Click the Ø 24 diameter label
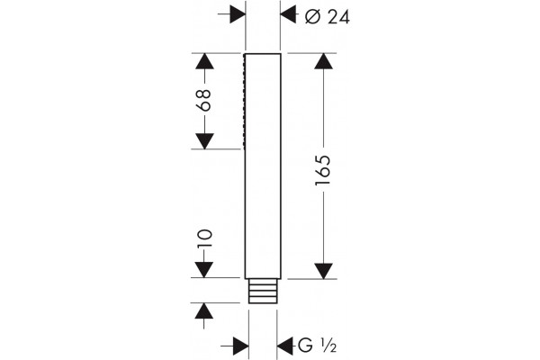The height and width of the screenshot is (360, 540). tap(328, 17)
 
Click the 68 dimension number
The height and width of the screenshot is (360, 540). tap(204, 100)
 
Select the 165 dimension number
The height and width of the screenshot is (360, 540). tap(323, 170)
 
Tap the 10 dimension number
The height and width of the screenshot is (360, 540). tap(204, 238)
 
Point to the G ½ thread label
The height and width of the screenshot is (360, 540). tap(317, 346)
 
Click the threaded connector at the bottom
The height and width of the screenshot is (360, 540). tap(263, 291)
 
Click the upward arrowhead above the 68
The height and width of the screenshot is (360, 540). tap(204, 61)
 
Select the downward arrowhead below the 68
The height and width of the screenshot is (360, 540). tap(204, 141)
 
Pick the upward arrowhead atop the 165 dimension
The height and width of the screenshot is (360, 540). tap(323, 61)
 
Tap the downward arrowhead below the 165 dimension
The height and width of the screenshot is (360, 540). tap(323, 271)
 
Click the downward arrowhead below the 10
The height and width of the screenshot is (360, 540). tap(204, 270)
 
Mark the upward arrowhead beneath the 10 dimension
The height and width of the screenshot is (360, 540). tap(204, 311)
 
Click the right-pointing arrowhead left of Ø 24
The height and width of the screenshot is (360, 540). tap(238, 14)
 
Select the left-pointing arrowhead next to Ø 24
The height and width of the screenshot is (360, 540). tap(288, 14)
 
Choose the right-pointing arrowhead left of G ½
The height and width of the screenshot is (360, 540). tap(241, 346)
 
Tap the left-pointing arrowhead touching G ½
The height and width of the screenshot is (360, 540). tap(284, 346)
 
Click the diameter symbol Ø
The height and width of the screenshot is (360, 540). tap(313, 17)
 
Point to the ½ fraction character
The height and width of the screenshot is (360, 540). tap(328, 346)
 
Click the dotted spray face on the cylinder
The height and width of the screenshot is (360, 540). tap(244, 102)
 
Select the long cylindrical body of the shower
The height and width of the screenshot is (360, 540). tap(263, 166)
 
